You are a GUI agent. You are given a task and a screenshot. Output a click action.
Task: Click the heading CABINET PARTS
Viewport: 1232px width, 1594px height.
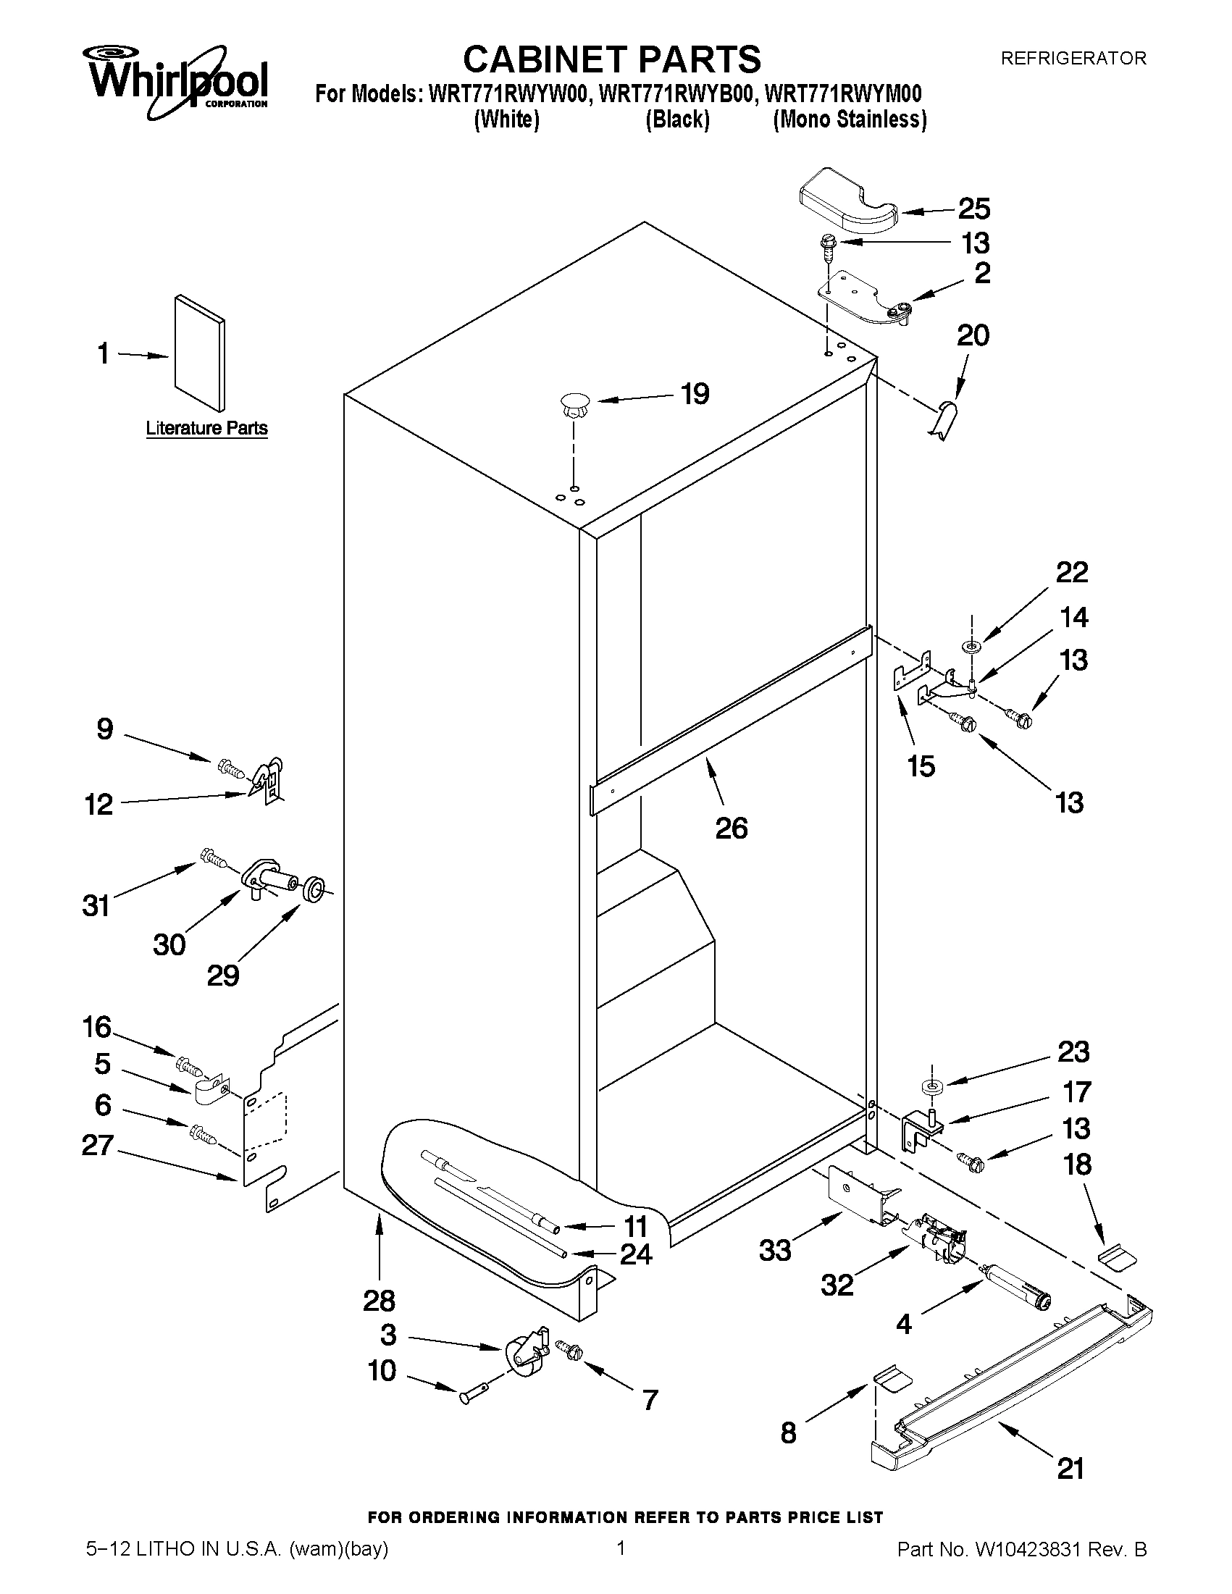point(611,59)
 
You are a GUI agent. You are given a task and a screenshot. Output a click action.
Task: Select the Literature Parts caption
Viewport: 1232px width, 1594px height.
point(206,428)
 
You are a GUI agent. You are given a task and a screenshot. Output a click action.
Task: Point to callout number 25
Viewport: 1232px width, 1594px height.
point(973,209)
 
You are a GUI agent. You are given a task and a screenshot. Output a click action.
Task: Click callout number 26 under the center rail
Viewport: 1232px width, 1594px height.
point(732,828)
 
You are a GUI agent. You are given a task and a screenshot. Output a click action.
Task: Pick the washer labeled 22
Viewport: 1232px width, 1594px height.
point(972,646)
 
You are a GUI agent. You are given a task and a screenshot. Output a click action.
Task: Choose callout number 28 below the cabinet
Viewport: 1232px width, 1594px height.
point(379,1300)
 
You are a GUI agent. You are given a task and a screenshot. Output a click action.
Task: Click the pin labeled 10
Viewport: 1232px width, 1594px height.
point(471,1396)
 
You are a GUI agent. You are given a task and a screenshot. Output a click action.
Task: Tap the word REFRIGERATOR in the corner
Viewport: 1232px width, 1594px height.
point(1073,59)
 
